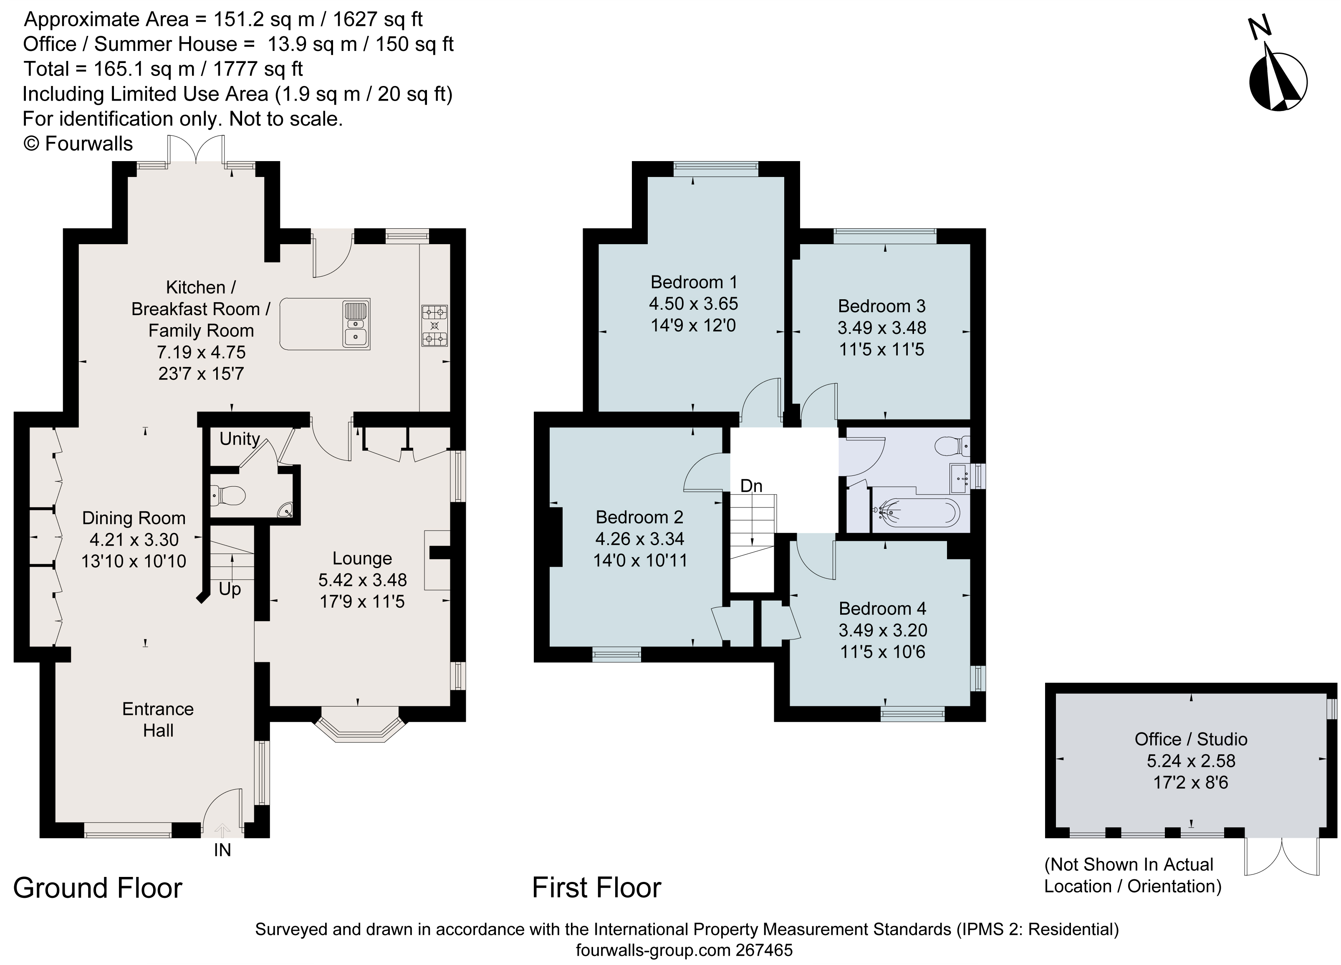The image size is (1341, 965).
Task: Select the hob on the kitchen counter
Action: [x=434, y=325]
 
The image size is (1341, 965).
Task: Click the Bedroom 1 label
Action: [x=694, y=282]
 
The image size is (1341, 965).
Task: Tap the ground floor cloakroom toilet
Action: [x=228, y=495]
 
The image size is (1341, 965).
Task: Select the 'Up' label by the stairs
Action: [x=230, y=589]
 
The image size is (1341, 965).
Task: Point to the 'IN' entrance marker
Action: [x=222, y=850]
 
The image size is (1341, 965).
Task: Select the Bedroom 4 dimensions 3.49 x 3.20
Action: [x=882, y=630]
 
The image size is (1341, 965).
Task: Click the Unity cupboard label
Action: [x=240, y=439]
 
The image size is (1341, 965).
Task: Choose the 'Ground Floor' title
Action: [x=98, y=888]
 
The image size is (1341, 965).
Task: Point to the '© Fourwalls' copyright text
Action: [x=78, y=144]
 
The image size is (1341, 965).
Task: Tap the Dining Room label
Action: [x=134, y=518]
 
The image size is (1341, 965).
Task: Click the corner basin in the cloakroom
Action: [x=286, y=510]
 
